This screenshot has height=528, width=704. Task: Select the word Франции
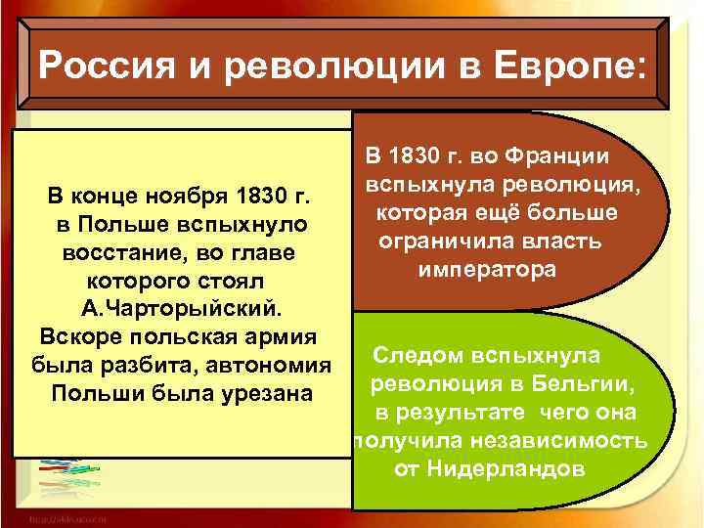pyautogui.click(x=561, y=156)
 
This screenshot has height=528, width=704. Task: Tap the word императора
pyautogui.click(x=486, y=269)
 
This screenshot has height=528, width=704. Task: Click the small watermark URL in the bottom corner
pyautogui.click(x=68, y=517)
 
